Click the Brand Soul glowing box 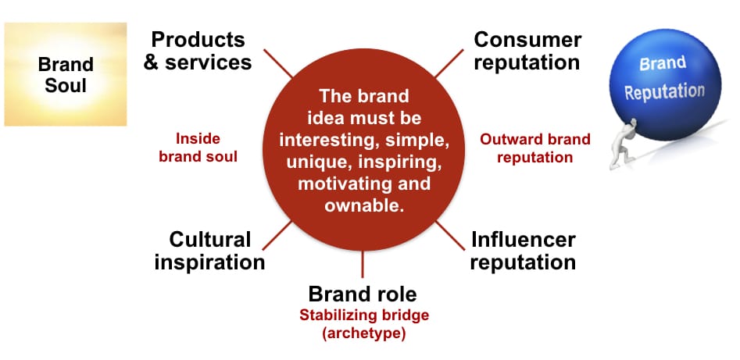(66, 74)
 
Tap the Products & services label (198, 51)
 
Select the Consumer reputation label (527, 51)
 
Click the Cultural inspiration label (209, 251)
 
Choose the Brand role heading (363, 294)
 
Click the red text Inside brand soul (198, 148)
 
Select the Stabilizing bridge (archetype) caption (364, 324)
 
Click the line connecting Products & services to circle (278, 63)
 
